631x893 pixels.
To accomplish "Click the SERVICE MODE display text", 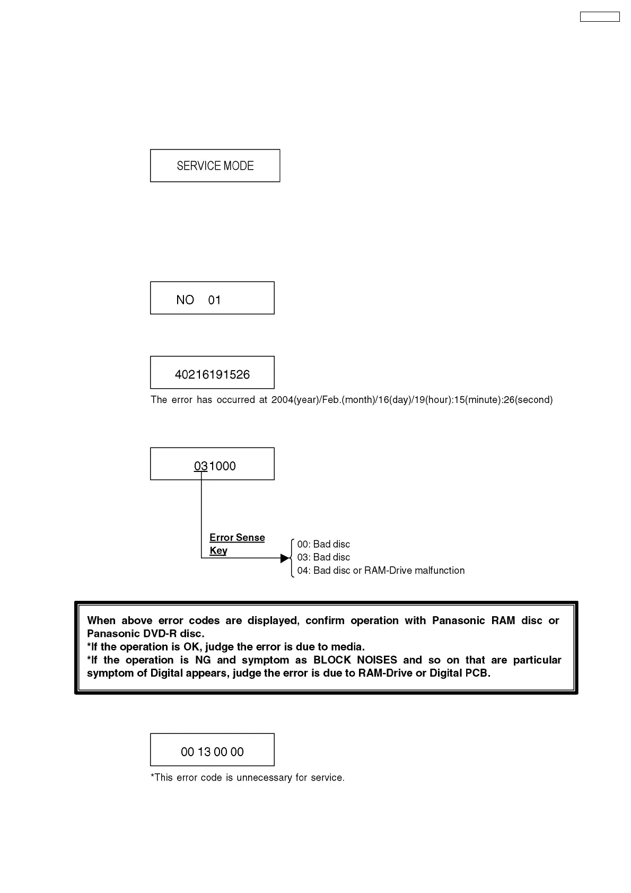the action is (215, 166).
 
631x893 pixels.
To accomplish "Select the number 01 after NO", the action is (214, 300).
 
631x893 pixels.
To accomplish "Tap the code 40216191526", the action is (212, 375).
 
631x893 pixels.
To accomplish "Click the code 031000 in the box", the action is (215, 466).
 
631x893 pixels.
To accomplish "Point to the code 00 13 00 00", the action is (212, 752).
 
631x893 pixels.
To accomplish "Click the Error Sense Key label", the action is (236, 544).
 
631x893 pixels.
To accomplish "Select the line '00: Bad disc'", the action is (323, 544).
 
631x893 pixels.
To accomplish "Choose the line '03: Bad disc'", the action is (323, 557).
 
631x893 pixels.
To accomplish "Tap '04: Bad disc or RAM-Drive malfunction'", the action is (381, 571).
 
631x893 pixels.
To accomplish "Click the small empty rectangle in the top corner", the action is (599, 17).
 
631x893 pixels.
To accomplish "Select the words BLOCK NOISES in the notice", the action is (355, 660).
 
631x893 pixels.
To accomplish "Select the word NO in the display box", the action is (185, 300).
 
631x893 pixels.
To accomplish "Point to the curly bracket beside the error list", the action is (292, 558).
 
